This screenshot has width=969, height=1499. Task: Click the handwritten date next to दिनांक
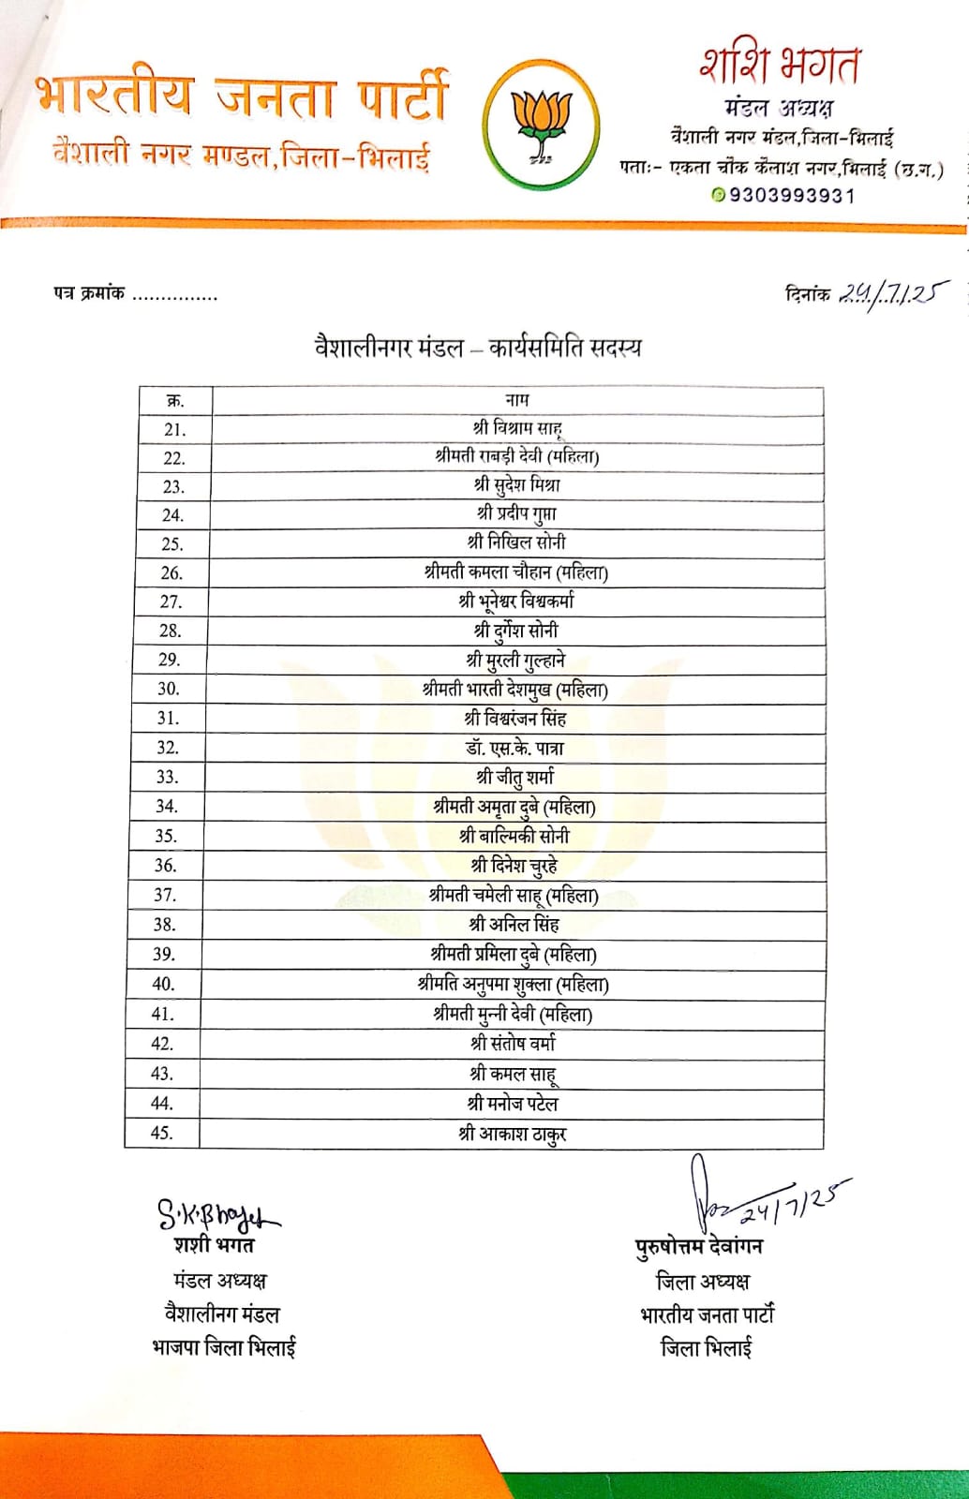click(x=891, y=294)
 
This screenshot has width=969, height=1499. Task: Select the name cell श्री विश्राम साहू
click(x=517, y=428)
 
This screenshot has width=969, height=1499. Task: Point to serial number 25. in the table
click(x=172, y=543)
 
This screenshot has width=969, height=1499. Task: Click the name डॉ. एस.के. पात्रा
click(x=515, y=748)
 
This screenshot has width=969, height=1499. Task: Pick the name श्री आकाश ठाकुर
click(x=513, y=1134)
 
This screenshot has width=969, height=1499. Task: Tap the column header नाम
click(x=517, y=400)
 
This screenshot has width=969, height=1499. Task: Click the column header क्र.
click(x=175, y=401)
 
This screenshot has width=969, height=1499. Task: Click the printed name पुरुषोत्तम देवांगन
click(x=699, y=1247)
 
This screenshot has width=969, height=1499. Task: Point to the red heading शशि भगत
click(x=779, y=66)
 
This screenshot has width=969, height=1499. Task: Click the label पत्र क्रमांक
click(x=89, y=294)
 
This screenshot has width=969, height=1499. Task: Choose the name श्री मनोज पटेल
click(x=514, y=1104)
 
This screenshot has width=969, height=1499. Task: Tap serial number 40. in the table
click(x=163, y=984)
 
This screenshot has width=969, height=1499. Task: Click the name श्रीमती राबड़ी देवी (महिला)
click(x=517, y=456)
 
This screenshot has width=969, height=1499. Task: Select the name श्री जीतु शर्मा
click(x=515, y=777)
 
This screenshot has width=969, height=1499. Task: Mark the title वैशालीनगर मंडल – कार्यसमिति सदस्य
click(x=478, y=348)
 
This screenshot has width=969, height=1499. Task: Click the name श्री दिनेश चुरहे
click(x=514, y=865)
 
